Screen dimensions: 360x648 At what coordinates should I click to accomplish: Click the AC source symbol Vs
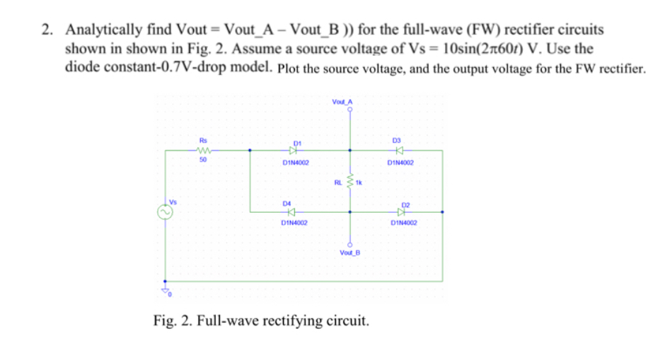(165, 211)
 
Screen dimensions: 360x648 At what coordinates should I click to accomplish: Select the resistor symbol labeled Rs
(203, 150)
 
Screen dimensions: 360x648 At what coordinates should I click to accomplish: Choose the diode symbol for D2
(402, 211)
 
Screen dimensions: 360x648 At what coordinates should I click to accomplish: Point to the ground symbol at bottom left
(166, 288)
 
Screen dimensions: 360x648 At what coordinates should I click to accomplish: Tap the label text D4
(287, 202)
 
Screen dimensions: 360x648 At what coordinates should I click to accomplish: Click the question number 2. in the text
(47, 30)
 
